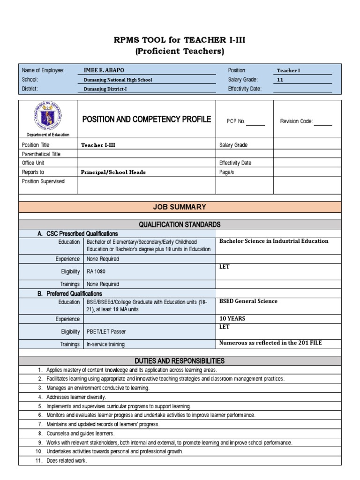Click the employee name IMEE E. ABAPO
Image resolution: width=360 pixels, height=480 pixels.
[x=104, y=70]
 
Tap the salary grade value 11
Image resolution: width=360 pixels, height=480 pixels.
[x=280, y=80]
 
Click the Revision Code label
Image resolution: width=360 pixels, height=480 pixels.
[x=296, y=121]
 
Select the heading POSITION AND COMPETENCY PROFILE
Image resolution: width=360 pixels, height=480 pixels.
[x=146, y=120]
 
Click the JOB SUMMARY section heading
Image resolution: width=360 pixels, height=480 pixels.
[x=180, y=207]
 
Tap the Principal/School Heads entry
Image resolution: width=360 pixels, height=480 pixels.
[x=113, y=172]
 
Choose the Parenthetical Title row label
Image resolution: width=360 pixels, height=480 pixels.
[x=41, y=154]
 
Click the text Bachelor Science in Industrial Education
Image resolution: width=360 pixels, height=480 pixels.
[x=274, y=241]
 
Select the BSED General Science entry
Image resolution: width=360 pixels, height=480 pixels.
[x=248, y=301]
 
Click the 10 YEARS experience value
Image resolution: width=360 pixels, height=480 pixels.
[x=232, y=318]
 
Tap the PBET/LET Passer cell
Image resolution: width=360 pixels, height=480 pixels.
[x=106, y=331]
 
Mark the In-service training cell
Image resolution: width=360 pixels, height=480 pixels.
[x=105, y=344]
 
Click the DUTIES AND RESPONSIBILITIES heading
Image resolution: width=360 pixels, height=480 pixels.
[x=180, y=361]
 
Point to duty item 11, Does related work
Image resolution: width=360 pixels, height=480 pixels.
[x=67, y=461]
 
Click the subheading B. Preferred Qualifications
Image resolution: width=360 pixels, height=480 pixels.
[x=69, y=293]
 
